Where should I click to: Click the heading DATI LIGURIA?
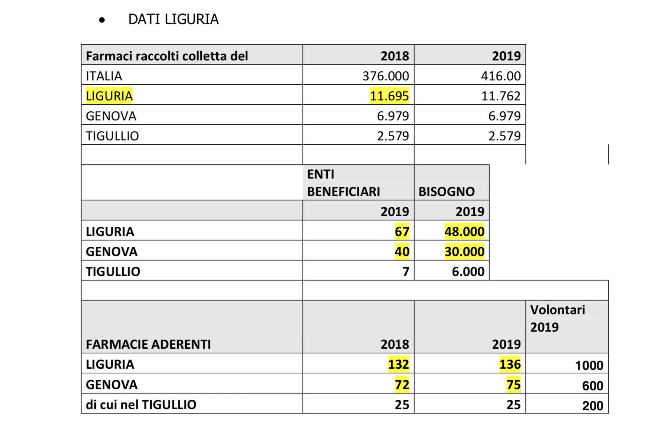pos(173,19)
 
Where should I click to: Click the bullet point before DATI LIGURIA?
pos(102,20)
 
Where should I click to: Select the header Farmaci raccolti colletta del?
pos(167,56)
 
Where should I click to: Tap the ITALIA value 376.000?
pos(386,76)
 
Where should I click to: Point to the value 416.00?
pos(501,76)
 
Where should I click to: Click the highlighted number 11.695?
pos(389,96)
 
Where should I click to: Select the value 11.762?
pos(501,96)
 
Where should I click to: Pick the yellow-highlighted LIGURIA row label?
pos(109,96)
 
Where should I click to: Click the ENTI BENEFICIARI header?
pos(343,183)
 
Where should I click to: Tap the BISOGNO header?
pos(446,192)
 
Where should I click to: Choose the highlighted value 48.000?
pos(464,232)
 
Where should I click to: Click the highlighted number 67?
pos(402,232)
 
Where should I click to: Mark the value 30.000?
pos(464,252)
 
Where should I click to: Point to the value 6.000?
pos(468,272)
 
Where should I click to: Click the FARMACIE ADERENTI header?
pos(148,344)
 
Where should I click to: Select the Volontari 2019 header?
pos(557,318)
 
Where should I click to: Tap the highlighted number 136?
pos(510,364)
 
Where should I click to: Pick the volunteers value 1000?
pos(589,365)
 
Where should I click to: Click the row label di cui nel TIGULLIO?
pos(141,405)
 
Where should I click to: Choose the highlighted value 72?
pos(402,385)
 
